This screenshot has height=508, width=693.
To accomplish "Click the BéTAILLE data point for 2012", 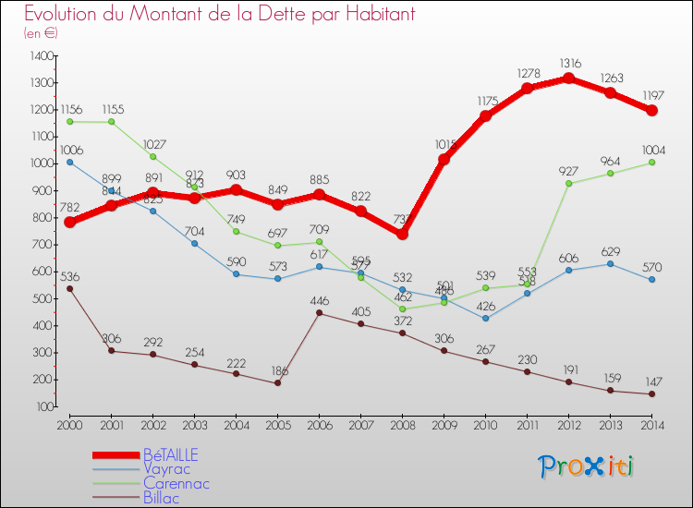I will point(568,78).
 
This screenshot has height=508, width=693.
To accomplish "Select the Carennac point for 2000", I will point(69,121).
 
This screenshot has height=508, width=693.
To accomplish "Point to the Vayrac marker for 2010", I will point(485,319).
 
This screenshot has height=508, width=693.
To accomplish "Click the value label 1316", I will point(568,63).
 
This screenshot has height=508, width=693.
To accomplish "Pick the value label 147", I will point(651,380).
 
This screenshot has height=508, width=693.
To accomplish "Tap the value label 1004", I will point(651,150).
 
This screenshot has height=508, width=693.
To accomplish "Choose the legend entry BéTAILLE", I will point(170,455).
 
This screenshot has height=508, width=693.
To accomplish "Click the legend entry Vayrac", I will point(167,469).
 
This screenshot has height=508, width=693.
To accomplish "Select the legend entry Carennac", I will point(176,483).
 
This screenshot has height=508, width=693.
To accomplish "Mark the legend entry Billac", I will point(163,498).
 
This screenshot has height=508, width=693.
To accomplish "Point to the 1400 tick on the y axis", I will point(42,56).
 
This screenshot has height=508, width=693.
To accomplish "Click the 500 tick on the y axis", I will point(42,298).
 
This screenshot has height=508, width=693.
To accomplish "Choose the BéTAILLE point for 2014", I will point(651,110).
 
